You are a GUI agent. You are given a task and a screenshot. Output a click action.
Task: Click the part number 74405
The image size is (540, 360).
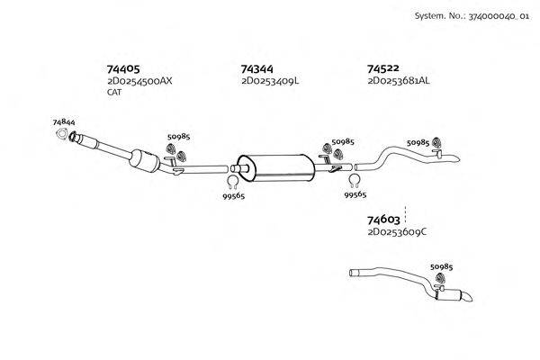tap(124, 68)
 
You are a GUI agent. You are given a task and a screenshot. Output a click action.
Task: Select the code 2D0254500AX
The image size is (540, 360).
tap(139, 81)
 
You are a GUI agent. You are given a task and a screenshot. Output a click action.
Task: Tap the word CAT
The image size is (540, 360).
tap(114, 92)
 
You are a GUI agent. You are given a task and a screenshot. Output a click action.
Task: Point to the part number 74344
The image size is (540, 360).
tap(257, 68)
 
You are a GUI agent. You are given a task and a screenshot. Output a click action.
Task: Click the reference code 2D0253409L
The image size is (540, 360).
tap(270, 81)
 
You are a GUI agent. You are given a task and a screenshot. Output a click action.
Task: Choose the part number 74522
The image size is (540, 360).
tap(383, 68)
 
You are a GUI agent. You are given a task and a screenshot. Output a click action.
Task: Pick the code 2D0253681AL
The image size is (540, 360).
tap(399, 81)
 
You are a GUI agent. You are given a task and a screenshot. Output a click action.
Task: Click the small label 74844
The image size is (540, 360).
tap(64, 121)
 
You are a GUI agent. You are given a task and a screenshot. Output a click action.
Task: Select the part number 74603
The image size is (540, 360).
tap(383, 220)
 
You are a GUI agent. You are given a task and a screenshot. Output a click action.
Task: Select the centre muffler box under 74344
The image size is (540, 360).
tap(275, 166)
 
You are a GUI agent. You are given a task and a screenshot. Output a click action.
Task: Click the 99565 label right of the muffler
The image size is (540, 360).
tap(355, 194)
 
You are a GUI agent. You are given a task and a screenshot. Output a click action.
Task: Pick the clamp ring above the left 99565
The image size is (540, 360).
tap(231, 183)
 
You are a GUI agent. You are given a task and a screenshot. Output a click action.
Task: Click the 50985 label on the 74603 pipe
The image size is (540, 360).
tap(442, 267)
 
